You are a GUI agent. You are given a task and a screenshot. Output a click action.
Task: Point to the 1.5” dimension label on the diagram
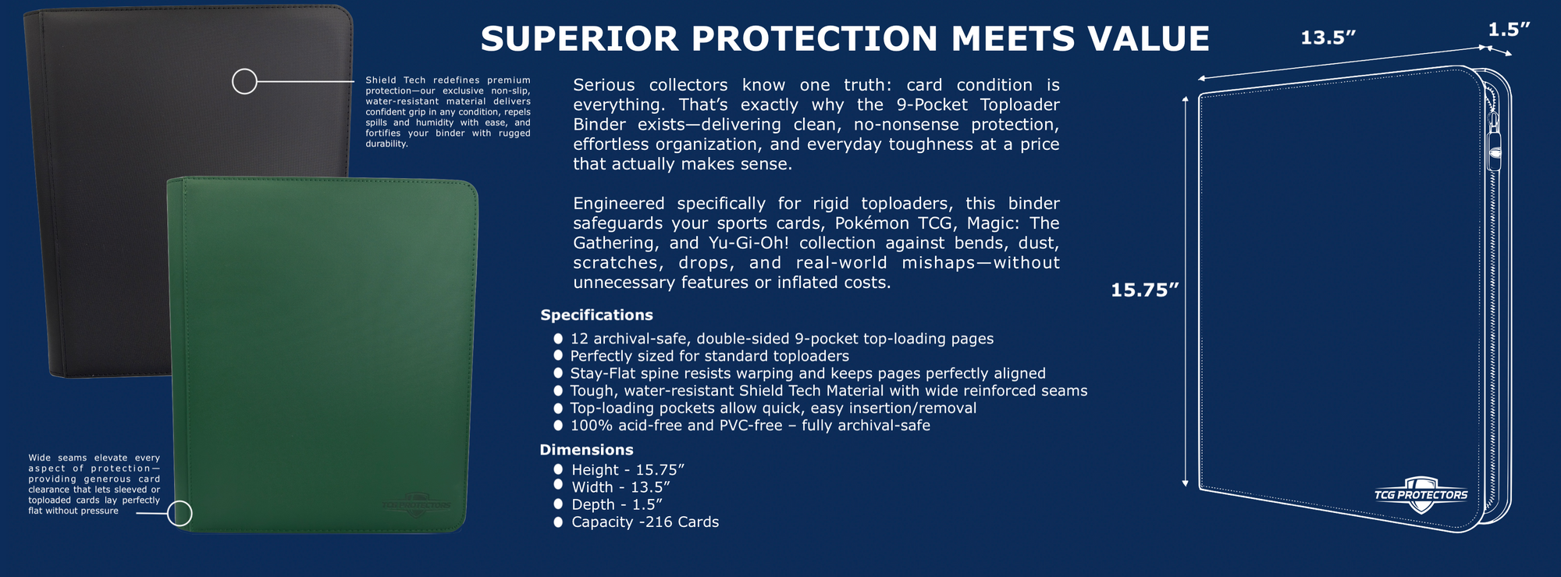pos(1508,30)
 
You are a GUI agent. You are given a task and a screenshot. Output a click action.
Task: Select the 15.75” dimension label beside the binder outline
pos(1144,290)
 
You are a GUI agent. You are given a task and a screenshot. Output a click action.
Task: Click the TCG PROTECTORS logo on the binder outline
pos(1421,495)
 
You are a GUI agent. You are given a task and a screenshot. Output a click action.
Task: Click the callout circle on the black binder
pos(244,81)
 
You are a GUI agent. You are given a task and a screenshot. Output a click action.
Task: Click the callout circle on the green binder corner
pos(180,513)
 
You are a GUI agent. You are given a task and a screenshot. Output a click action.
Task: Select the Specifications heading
pos(596,315)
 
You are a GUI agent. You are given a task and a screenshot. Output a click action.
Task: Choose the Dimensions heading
pos(586,450)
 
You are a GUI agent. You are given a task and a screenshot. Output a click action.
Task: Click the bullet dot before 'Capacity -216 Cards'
pos(558,522)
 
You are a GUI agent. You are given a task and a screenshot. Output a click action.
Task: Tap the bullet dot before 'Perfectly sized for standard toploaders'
pos(558,356)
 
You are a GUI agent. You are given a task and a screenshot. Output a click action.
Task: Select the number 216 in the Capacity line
pos(658,522)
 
